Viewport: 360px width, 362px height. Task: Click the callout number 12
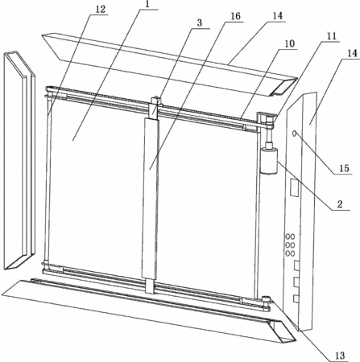point(101,10)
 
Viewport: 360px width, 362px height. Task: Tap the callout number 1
point(147,5)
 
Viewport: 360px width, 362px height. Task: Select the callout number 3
point(199,23)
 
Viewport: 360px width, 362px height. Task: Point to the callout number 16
point(235,16)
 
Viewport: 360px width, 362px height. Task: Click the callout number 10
point(289,43)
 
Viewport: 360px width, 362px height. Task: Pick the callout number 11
point(332,36)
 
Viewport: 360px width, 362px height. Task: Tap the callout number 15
point(344,168)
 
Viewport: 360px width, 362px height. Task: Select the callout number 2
point(340,204)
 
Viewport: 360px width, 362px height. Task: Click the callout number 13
point(340,356)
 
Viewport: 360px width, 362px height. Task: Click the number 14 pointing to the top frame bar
point(277,16)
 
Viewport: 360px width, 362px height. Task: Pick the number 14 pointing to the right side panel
point(352,53)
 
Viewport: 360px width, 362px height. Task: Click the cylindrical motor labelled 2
point(268,162)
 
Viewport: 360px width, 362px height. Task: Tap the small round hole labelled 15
point(294,133)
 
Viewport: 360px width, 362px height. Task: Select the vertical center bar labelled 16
point(150,199)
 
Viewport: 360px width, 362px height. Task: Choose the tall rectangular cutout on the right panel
point(294,187)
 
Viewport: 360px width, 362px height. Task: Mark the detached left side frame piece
point(19,160)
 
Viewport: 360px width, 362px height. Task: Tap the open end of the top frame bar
point(282,88)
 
